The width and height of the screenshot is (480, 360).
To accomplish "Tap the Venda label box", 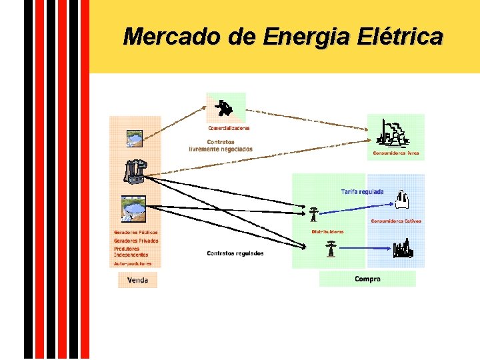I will (137, 280).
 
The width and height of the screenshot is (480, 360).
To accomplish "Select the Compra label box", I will (367, 279).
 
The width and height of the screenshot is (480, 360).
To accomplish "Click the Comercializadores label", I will (229, 127).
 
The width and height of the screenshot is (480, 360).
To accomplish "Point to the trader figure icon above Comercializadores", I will (226, 106).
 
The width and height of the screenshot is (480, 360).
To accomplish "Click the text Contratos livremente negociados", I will (221, 145).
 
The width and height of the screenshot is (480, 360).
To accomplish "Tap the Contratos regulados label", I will (235, 253).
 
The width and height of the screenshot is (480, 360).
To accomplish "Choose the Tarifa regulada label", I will (362, 191).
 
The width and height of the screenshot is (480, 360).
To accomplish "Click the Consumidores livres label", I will (396, 153).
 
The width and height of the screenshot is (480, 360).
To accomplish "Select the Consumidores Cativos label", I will (396, 221).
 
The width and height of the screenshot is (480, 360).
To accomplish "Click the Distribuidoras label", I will (327, 232).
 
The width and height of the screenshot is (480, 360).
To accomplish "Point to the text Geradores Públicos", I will (136, 233).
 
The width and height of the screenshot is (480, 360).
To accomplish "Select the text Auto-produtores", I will (133, 263).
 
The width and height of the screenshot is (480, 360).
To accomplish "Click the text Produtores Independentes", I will (131, 252).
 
